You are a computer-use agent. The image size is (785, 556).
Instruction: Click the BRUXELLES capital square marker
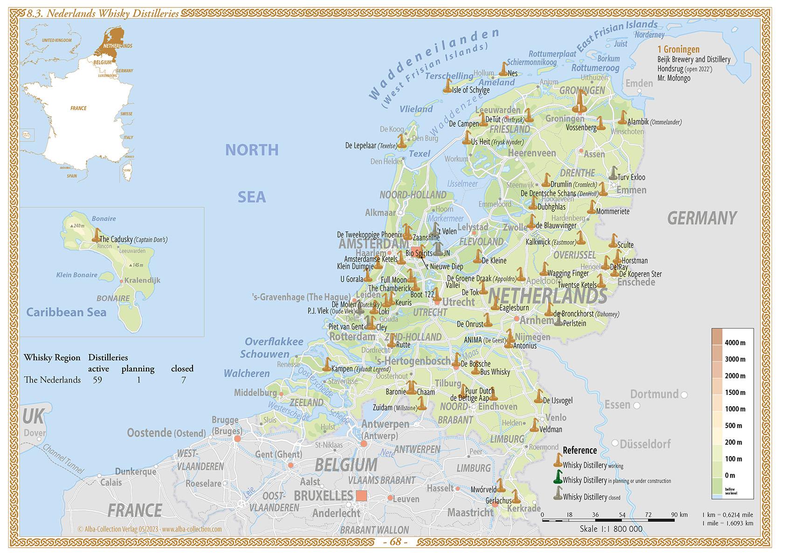coord(361,495)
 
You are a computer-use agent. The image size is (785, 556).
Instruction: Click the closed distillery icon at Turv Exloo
coord(613,174)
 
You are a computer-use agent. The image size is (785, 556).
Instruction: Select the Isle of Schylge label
coord(471,90)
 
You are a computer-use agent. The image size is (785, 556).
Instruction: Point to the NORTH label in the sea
coord(252,150)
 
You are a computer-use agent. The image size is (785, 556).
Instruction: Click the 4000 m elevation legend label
coord(735,343)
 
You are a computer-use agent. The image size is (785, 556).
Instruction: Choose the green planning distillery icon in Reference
coord(558,477)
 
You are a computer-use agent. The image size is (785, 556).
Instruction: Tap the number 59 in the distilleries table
coord(97,380)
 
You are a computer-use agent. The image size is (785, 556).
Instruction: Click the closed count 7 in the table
coord(183,380)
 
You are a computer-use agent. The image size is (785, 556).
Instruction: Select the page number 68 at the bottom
coord(395,542)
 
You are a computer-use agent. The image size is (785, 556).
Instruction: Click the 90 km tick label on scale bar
coord(680,515)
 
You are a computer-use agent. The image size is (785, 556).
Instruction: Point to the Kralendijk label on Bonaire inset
coord(143,280)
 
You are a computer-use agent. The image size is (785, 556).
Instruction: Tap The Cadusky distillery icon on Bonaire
coord(96,235)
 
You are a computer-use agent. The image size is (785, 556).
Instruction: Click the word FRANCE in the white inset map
coord(78,108)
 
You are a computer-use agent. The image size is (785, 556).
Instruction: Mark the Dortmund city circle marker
coord(684,395)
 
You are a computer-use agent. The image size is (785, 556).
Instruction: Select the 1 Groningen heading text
coord(678,49)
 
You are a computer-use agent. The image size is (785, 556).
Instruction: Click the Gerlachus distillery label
coord(498,500)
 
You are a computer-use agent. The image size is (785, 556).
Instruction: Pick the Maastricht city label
coord(470,513)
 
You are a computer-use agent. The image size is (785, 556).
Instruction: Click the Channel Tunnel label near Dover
coord(63,458)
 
